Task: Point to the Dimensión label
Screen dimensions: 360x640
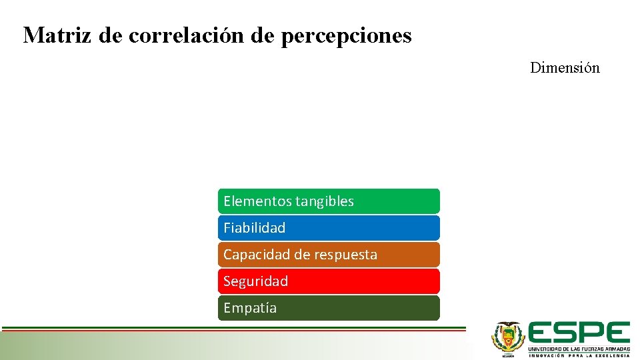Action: pyautogui.click(x=565, y=68)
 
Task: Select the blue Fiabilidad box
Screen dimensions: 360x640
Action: pyautogui.click(x=329, y=228)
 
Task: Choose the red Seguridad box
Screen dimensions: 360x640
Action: pyautogui.click(x=329, y=281)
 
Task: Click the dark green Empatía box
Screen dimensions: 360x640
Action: pyautogui.click(x=329, y=308)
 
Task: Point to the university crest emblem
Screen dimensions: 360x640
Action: pyautogui.click(x=508, y=337)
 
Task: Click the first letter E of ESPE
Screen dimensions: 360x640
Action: pyautogui.click(x=541, y=333)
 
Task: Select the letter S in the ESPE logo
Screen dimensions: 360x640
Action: pyautogui.click(x=567, y=333)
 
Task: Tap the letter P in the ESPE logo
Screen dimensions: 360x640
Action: pyautogui.click(x=592, y=333)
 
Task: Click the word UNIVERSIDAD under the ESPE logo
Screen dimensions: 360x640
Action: pyautogui.click(x=545, y=349)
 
